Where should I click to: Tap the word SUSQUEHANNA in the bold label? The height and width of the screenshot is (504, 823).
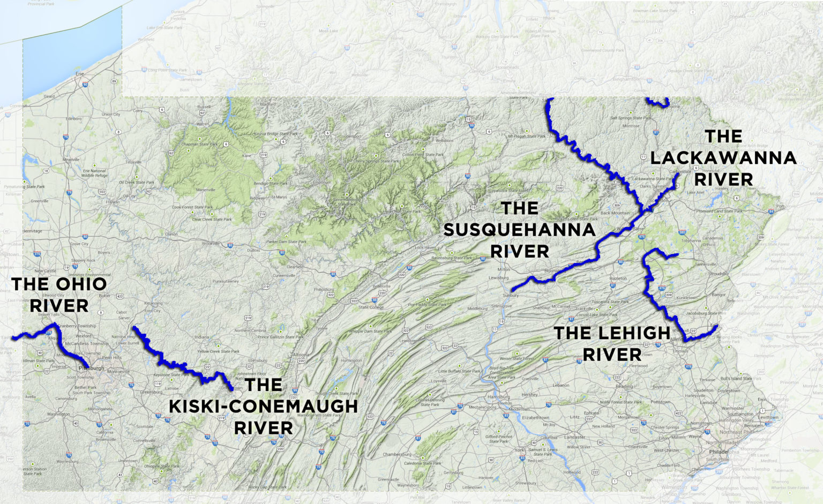(x=519, y=230)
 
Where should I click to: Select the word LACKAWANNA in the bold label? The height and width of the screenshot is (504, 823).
(x=723, y=158)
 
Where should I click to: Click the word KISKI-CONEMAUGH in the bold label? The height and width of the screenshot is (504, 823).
(x=263, y=407)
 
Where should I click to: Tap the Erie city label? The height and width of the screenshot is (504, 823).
(x=80, y=73)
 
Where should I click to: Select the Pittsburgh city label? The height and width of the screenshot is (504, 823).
(x=92, y=368)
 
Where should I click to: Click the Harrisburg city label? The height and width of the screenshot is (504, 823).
(x=498, y=397)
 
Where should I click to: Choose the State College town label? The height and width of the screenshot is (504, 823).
(x=371, y=307)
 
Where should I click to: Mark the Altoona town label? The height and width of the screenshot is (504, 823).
(x=300, y=355)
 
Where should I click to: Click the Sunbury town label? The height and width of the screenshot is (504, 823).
(x=511, y=295)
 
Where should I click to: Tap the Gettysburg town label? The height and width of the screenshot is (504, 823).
(x=453, y=472)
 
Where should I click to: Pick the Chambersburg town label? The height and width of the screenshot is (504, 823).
(x=396, y=454)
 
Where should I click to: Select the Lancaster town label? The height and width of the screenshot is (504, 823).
(x=574, y=437)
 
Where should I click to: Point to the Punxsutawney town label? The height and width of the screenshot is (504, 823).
(x=226, y=281)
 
